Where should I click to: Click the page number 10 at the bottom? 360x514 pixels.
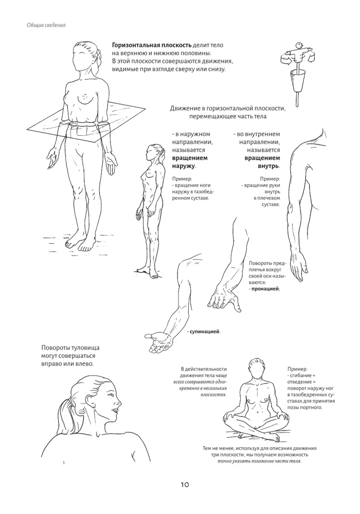[x=185, y=484]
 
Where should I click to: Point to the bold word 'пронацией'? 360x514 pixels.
[x=265, y=289]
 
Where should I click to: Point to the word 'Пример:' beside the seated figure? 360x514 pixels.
[x=298, y=369]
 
